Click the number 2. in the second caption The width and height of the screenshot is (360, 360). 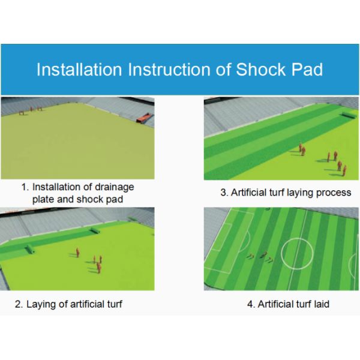pyautogui.click(x=19, y=304)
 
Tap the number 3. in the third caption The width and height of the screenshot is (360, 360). pyautogui.click(x=224, y=193)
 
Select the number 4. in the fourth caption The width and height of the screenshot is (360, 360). pyautogui.click(x=251, y=304)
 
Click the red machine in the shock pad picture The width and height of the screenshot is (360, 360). pyautogui.click(x=143, y=119)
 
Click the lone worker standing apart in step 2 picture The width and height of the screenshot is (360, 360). pyautogui.click(x=76, y=253)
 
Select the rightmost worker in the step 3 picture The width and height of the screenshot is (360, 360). pyautogui.click(x=344, y=170)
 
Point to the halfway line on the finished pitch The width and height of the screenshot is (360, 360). pyautogui.click(x=300, y=240)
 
